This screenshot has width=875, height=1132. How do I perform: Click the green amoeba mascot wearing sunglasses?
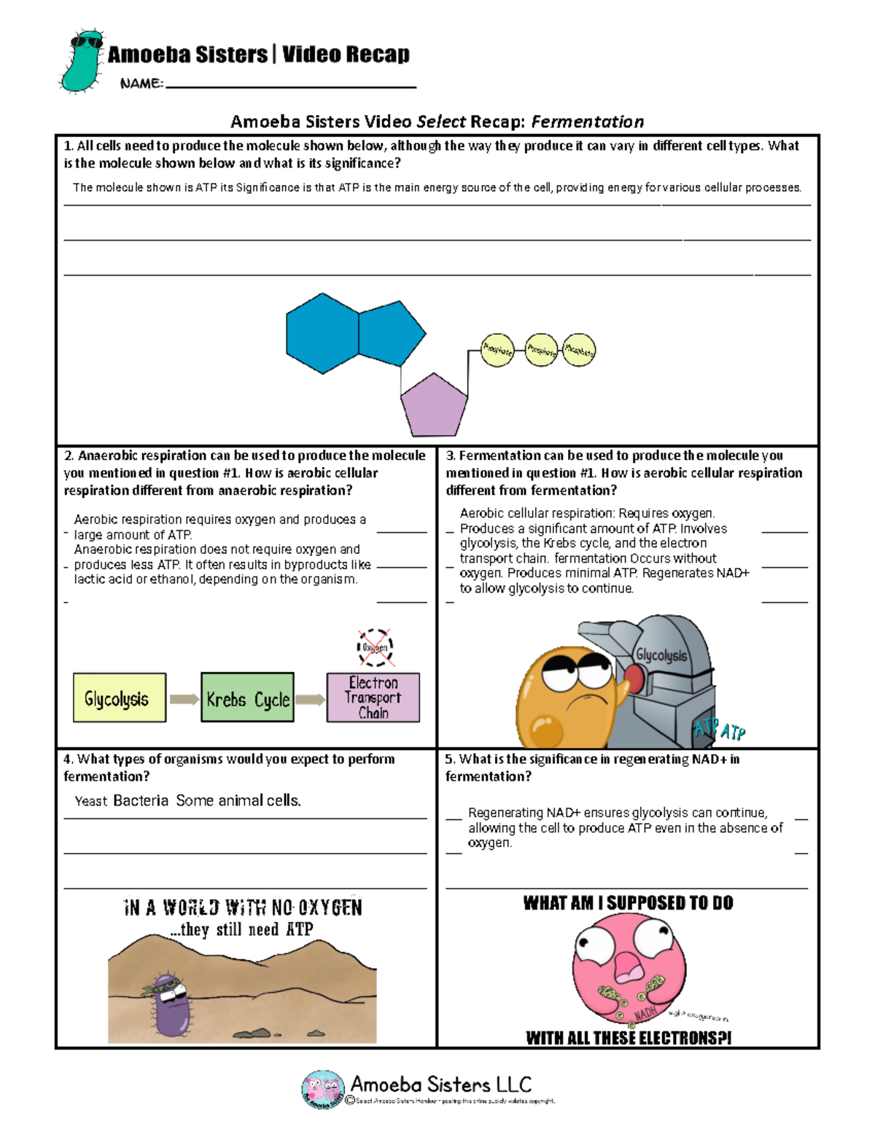coord(82,61)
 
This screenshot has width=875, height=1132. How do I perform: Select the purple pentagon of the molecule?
coord(434,405)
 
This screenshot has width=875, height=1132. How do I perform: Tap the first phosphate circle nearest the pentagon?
coord(498,350)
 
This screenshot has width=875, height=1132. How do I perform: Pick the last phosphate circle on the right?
coord(579,351)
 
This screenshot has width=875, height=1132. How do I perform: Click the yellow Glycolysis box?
coord(120,698)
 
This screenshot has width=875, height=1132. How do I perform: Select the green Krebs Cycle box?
coord(247,698)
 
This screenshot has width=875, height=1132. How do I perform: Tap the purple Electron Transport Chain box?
coord(373,698)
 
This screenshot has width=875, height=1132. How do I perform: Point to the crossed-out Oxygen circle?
coord(376,647)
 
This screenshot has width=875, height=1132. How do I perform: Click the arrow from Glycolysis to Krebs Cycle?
coord(184,700)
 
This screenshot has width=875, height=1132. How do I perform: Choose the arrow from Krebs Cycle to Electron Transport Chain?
coord(310,700)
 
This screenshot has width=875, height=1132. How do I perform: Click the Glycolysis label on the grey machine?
coord(661,655)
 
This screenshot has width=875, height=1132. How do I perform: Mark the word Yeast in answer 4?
coord(91,801)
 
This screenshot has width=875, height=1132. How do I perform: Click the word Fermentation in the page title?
coord(587,122)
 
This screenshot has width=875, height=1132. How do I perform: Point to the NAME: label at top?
coord(141,84)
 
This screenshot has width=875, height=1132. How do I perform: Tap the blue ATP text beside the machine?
coord(719,730)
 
